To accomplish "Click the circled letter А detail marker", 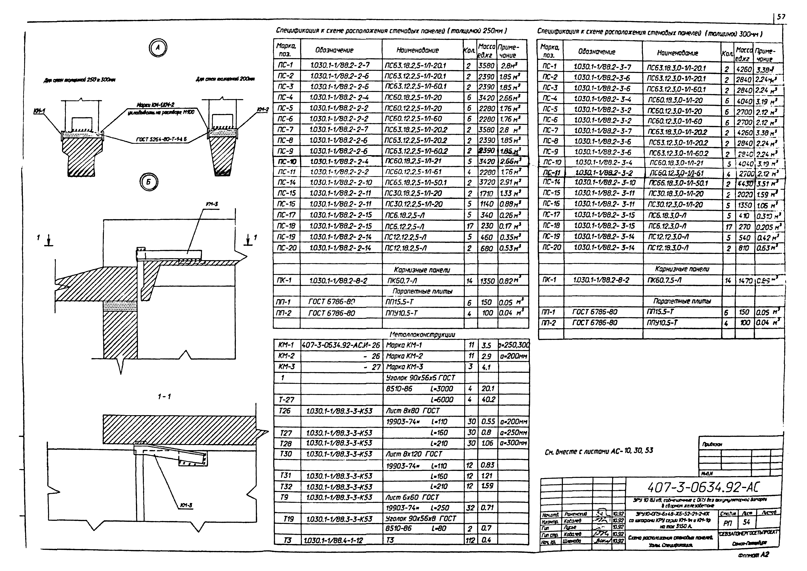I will [x=158, y=48].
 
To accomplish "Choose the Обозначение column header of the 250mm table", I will [x=334, y=50].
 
